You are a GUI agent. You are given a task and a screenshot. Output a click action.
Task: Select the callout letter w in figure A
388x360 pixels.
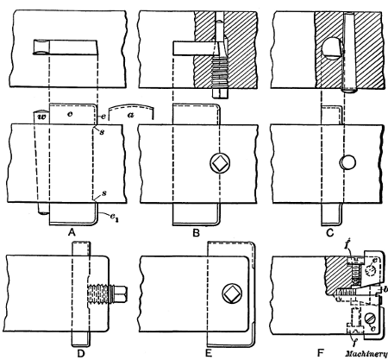click(x=40, y=114)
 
